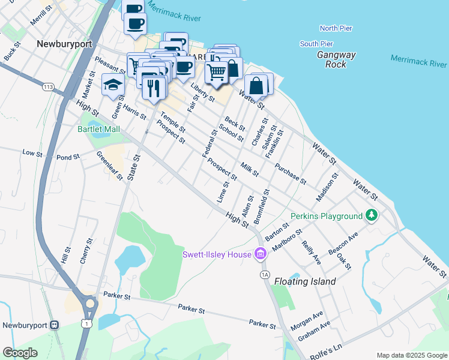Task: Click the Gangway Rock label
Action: coord(336,59)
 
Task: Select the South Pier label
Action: coord(316,44)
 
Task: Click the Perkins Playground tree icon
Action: coord(372,215)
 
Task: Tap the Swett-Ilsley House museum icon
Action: coord(260,254)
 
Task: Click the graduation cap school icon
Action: coord(113,85)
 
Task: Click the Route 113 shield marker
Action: coord(49,88)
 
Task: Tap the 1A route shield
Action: coord(265,274)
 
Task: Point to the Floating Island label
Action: coord(305,281)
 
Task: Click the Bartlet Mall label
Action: coord(98,129)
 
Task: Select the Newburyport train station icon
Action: coord(54,325)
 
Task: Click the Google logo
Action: coord(20,353)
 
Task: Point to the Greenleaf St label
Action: coord(109,165)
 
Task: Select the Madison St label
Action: coord(328,187)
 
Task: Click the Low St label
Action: coord(32,153)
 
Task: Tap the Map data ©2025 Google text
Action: coord(411,355)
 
